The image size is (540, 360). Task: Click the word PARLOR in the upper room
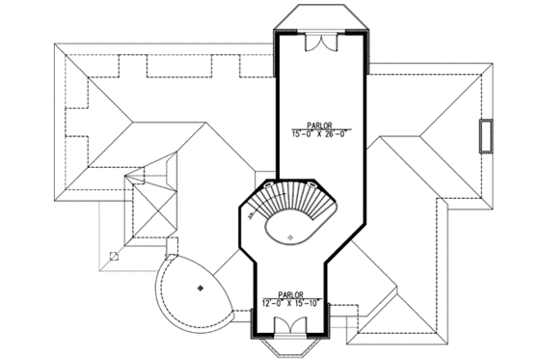click(x=322, y=125)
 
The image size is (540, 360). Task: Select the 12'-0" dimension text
click(x=274, y=304)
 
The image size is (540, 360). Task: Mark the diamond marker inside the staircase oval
click(x=289, y=236)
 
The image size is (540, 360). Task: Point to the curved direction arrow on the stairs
click(x=256, y=214)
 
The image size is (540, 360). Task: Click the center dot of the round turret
click(x=200, y=288)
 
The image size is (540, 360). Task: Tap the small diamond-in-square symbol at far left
click(x=114, y=256)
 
